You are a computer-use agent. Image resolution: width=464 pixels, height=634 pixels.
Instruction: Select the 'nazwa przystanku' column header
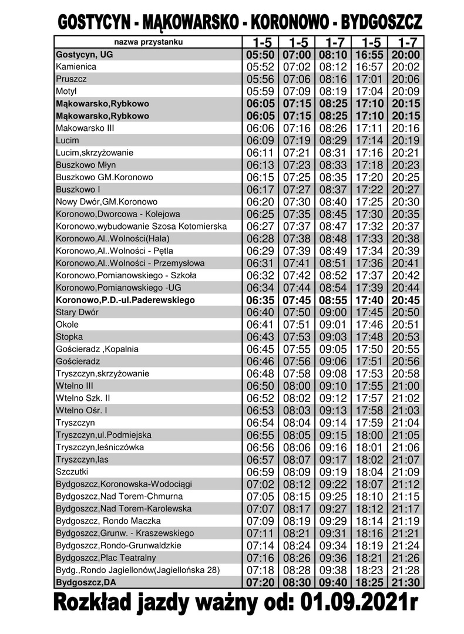tap(148, 42)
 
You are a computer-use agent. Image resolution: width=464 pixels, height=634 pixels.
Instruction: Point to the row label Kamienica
tap(76, 67)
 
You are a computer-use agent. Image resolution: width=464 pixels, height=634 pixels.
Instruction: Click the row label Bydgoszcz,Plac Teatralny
tap(105, 558)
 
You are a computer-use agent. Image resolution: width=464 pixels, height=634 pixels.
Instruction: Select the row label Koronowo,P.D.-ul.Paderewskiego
tap(125, 300)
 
